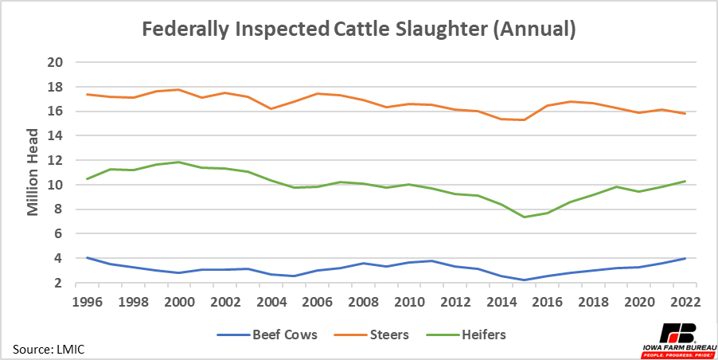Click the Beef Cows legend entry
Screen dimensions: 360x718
(275, 335)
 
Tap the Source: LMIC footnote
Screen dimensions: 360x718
(47, 349)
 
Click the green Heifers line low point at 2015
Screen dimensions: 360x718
(524, 217)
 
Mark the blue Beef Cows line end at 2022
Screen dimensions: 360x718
(685, 258)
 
